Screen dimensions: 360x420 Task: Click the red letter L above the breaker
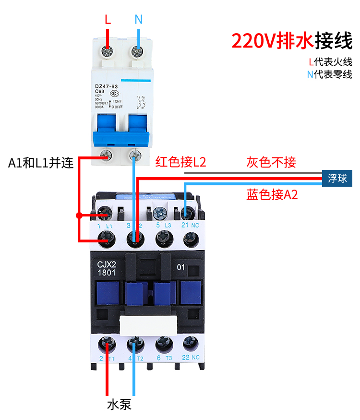pos(108,20)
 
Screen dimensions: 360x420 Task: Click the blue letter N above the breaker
pos(138,20)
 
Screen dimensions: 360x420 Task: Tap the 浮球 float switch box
pos(337,179)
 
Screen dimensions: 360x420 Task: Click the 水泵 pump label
pos(119,404)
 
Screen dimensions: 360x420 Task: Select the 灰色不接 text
pos(271,162)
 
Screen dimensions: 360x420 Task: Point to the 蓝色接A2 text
pos(272,194)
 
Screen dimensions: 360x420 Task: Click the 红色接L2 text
pos(180,162)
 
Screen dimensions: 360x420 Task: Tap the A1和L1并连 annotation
pos(41,163)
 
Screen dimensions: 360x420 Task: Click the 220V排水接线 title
pos(292,41)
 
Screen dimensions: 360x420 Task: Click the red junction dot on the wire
pos(78,215)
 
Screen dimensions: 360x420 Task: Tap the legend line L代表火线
pos(330,62)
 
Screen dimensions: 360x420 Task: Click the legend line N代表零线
pos(330,74)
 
